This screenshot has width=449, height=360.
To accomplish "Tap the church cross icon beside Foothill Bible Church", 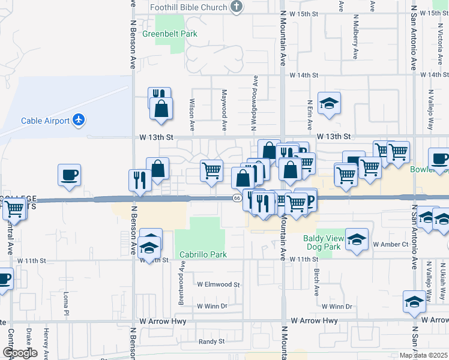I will tap(237, 7).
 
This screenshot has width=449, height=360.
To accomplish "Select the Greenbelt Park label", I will tap(170, 34).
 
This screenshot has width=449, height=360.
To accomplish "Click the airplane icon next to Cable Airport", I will tap(79, 120).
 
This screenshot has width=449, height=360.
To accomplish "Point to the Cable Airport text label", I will tap(45, 121).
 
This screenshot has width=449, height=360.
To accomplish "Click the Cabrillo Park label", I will tap(203, 254).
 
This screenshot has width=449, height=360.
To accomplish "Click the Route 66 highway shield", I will tap(238, 198).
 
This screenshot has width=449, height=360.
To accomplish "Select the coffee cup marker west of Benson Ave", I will tap(70, 175).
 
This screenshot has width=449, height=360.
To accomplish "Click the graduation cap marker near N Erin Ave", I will tap(329, 104).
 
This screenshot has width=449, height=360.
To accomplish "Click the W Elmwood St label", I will tap(218, 284).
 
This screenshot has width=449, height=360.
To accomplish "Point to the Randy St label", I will tap(211, 341).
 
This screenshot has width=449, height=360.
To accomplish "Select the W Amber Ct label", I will tap(390, 245).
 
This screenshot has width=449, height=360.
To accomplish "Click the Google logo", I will tap(20, 353).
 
